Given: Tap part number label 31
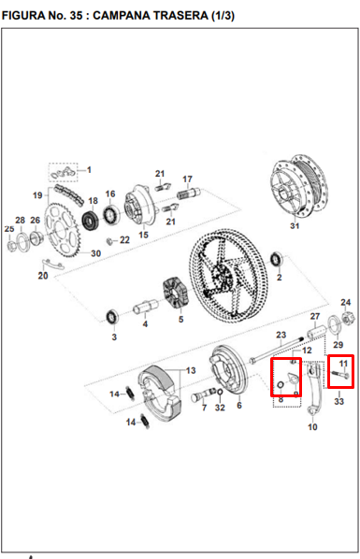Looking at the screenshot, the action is pyautogui.click(x=295, y=225).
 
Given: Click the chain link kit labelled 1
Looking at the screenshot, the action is pyautogui.click(x=64, y=172).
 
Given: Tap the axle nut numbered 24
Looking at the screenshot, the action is pyautogui.click(x=345, y=317).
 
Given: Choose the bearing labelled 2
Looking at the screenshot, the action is pyautogui.click(x=277, y=259).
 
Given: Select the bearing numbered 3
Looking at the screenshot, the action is pyautogui.click(x=113, y=317).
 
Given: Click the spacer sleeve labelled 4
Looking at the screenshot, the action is pyautogui.click(x=146, y=307).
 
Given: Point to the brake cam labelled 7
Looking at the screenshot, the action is pyautogui.click(x=203, y=394).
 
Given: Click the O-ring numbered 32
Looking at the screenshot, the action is pyautogui.click(x=220, y=393).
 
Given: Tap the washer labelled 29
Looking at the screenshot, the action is pyautogui.click(x=334, y=324).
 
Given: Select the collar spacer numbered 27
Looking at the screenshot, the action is pyautogui.click(x=317, y=332).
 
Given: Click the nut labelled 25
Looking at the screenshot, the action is pyautogui.click(x=11, y=245).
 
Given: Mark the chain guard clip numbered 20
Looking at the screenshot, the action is pyautogui.click(x=53, y=265).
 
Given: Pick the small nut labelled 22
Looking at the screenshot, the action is pyautogui.click(x=110, y=241).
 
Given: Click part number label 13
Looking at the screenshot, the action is pyautogui.click(x=191, y=371).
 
